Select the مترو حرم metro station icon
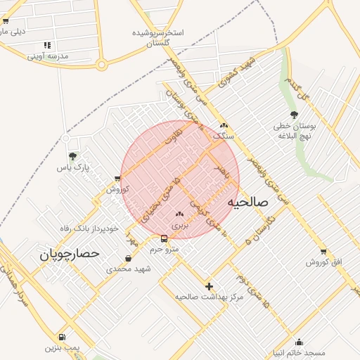coord(164,238)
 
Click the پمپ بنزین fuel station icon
coord(62,337)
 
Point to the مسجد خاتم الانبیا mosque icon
coord(299,342)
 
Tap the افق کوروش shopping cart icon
coord(323,252)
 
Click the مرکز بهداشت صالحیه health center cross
coord(209,285)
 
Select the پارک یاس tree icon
coord(72,157)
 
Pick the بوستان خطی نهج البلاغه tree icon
coord(294,115)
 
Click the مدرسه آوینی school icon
coord(47,45)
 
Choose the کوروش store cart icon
coord(117,179)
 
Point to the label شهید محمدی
coord(129,269)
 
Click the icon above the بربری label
coord(179,214)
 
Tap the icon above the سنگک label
coord(224,125)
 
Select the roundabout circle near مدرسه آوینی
coord(102,65)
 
